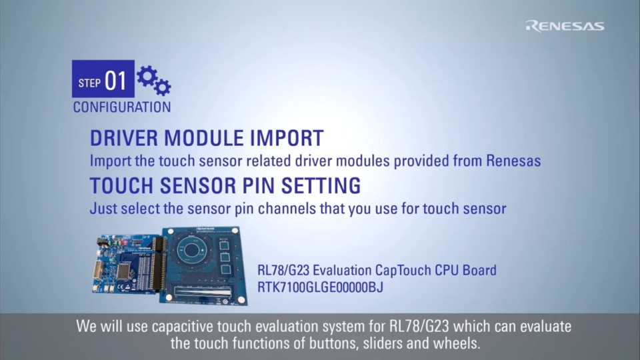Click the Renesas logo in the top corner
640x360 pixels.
(565, 26)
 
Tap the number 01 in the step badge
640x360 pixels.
(115, 81)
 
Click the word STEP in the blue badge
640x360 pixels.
(89, 83)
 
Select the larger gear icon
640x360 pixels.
(147, 75)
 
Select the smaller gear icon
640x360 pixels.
(163, 87)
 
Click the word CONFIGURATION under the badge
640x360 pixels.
(122, 107)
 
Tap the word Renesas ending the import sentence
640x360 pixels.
(513, 161)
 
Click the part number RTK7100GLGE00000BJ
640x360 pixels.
(321, 287)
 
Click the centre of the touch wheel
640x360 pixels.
(190, 250)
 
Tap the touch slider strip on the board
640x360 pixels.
(203, 291)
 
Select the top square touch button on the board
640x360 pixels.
(225, 245)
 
